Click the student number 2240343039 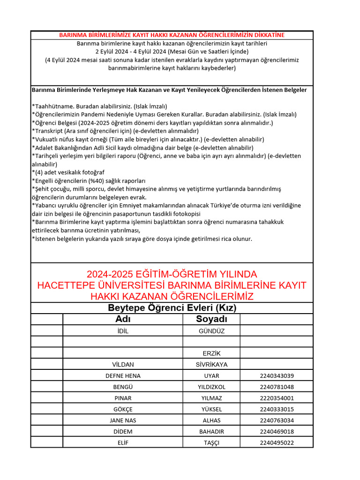point(277,376)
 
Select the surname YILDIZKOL point(211,387)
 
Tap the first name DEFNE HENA point(123,376)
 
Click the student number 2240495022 point(277,443)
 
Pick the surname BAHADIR point(211,432)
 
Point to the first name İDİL point(123,331)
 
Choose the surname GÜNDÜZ point(211,331)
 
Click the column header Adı point(123,319)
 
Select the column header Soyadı point(211,319)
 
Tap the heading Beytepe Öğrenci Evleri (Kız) point(172,308)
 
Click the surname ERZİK point(211,353)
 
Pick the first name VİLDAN point(123,365)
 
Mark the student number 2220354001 point(277,398)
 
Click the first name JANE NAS point(123,420)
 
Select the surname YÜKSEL point(211,409)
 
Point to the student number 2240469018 point(277,432)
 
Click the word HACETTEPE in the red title point(64,285)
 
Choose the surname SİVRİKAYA point(211,365)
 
